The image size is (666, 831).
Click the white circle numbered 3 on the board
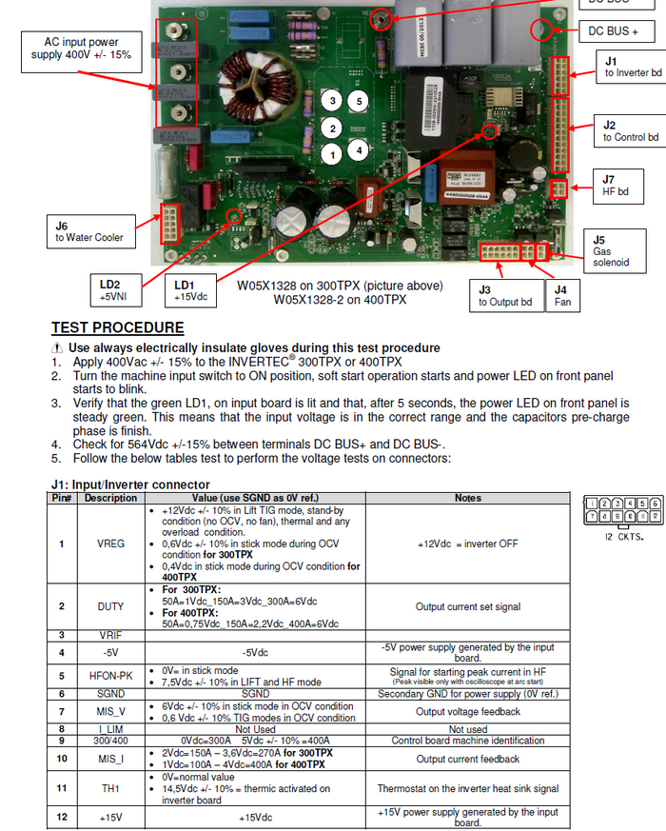point(332,101)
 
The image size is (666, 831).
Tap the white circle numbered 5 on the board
point(358,101)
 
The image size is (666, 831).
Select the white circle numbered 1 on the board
point(332,152)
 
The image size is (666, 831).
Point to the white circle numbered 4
point(358,150)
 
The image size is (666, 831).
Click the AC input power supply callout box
point(82,49)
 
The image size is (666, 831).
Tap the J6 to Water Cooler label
point(88,230)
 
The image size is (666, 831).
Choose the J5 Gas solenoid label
point(610,250)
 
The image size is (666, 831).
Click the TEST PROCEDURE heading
point(118,328)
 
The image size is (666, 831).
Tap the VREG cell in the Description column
point(109,544)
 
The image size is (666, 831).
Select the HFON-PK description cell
point(109,676)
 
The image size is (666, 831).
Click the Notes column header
point(468,498)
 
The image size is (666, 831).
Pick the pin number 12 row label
point(62,817)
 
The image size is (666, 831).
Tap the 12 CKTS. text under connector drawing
point(623,537)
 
